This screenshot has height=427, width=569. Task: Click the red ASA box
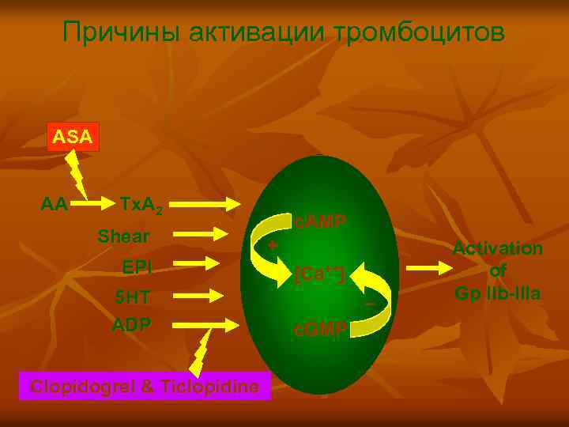[73, 137]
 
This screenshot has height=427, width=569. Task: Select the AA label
[54, 204]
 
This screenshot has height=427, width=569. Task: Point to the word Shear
[123, 236]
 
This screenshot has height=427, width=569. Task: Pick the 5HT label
[132, 297]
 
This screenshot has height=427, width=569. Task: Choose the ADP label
[131, 325]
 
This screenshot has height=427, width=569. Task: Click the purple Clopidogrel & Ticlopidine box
[144, 387]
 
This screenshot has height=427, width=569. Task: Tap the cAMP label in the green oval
[319, 221]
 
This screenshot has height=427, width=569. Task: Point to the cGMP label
[319, 330]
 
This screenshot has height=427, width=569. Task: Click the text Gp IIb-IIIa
[497, 293]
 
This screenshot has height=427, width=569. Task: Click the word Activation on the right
[497, 248]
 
